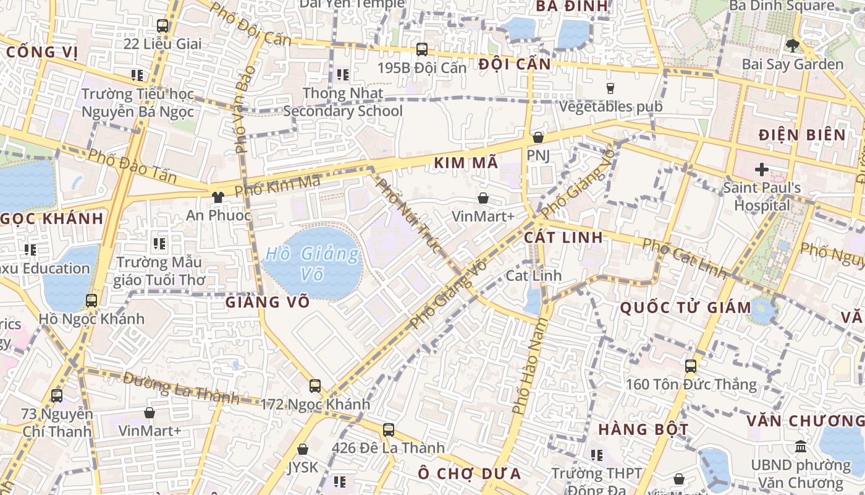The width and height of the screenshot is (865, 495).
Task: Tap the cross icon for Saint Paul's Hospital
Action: click(761, 169)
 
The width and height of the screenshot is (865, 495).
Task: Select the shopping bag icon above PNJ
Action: click(538, 137)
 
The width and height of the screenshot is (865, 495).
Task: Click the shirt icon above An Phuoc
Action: click(217, 197)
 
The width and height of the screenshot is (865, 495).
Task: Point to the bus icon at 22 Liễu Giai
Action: click(162, 26)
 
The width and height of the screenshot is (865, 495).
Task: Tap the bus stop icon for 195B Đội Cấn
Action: click(422, 49)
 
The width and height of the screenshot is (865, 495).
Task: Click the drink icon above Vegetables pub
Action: click(610, 88)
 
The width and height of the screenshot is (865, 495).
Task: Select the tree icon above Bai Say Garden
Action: click(792, 45)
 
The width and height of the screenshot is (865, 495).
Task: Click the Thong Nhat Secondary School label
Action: click(343, 102)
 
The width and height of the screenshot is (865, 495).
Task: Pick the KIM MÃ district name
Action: click(466, 163)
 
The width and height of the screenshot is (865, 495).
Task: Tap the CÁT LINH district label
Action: click(563, 238)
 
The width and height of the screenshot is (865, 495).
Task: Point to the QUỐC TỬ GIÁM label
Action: click(685, 308)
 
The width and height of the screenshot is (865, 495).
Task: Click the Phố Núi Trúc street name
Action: click(409, 216)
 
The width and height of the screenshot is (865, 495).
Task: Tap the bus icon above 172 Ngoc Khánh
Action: click(315, 386)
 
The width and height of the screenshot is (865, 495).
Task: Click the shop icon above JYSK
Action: click(303, 449)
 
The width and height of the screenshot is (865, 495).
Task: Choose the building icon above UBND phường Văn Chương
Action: click(801, 446)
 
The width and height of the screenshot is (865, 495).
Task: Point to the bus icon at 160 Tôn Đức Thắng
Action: click(691, 366)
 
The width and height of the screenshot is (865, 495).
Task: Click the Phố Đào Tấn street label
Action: click(132, 166)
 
